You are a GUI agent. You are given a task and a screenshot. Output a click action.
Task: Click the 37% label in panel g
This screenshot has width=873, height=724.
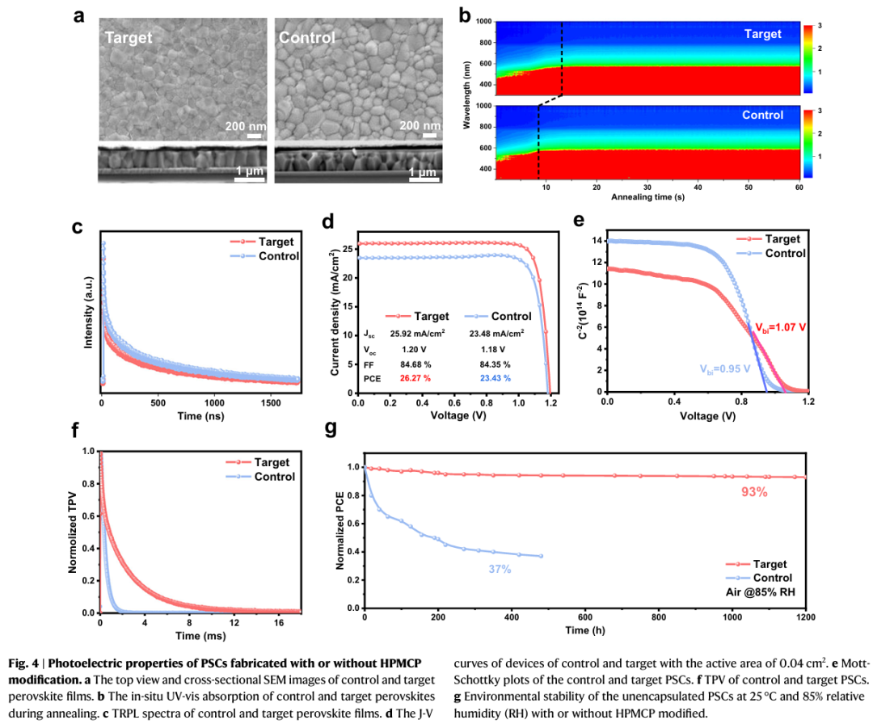coord(499,569)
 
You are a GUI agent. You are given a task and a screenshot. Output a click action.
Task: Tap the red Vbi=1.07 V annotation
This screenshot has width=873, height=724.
coord(781,328)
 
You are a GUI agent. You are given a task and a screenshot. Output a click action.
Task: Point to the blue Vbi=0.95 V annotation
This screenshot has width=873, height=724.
coord(726,368)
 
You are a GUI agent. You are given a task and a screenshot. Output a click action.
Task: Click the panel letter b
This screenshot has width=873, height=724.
coord(465,14)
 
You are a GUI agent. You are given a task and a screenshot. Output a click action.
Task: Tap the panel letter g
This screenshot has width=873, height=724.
coord(330,428)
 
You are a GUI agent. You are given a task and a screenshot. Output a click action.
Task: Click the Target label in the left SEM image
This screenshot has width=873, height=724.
coord(128,37)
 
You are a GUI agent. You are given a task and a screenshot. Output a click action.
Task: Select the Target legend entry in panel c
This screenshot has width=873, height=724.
coord(276,242)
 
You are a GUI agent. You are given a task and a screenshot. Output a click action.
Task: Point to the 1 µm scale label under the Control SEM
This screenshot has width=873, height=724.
coord(422,172)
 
